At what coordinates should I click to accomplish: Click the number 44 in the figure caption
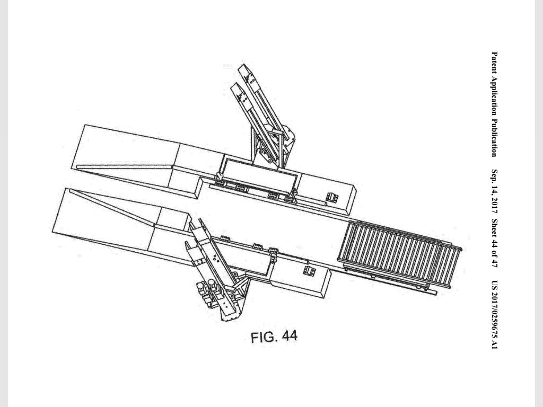[x=289, y=335]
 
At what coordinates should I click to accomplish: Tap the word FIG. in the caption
[x=264, y=337]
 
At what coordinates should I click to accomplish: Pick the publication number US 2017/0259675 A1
[x=495, y=315]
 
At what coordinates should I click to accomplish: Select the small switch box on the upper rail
[x=332, y=198]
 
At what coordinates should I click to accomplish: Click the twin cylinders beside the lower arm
[x=206, y=293]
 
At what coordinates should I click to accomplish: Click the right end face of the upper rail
[x=352, y=197]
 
